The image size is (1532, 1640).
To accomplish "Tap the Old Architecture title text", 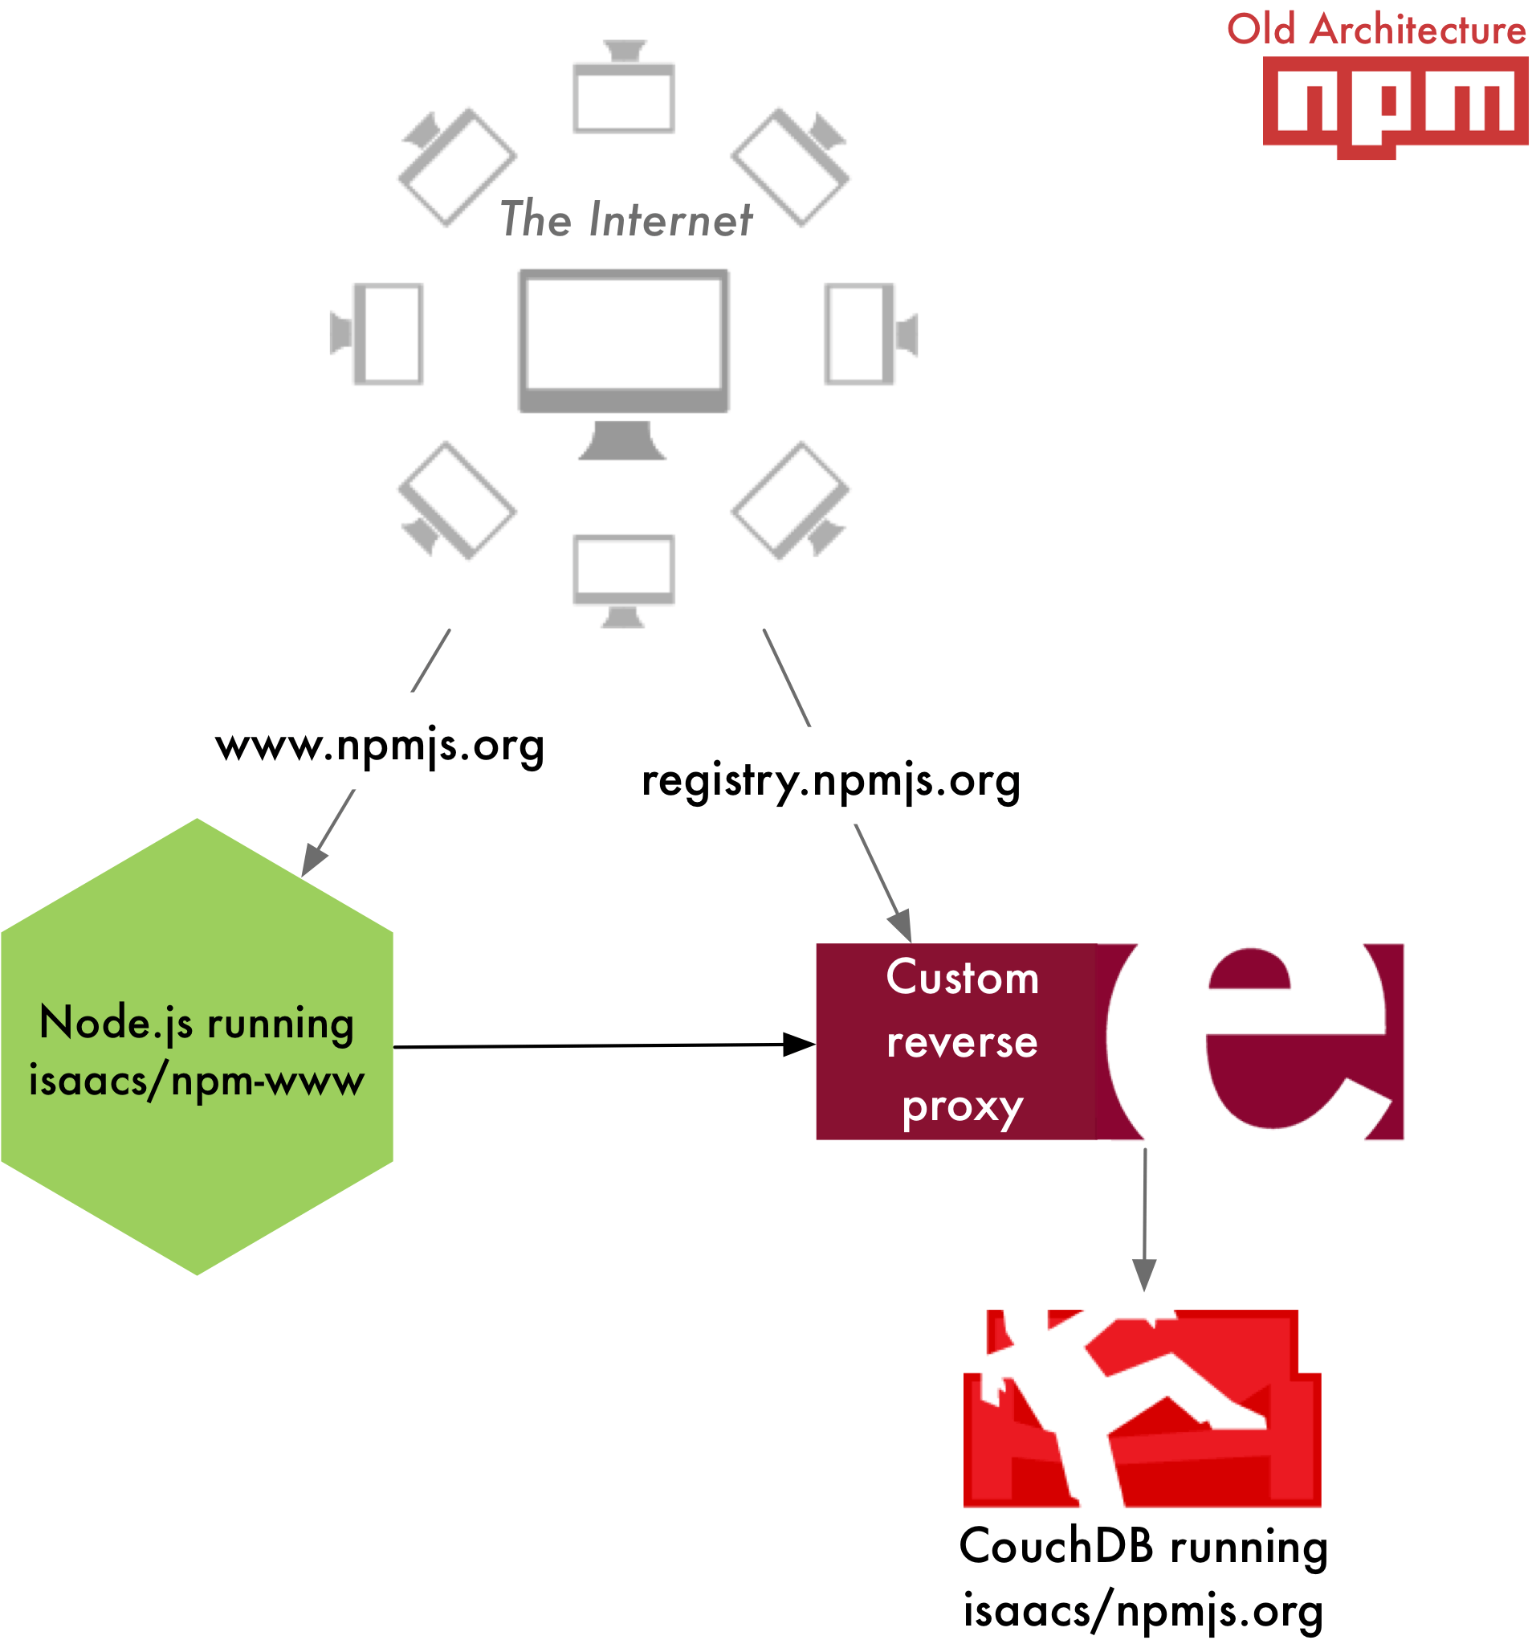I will [1375, 30].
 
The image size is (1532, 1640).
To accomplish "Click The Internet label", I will [625, 220].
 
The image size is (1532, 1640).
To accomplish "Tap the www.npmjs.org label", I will [380, 745].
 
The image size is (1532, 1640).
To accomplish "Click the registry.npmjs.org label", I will [830, 779].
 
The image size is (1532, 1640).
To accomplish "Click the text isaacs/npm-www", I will [196, 1080].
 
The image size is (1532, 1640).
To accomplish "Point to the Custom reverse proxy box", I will [961, 1041].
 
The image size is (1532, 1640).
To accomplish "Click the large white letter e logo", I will [1249, 1041].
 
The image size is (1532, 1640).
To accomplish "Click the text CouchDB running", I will [1143, 1546].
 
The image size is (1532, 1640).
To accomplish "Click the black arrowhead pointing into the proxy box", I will [798, 1045].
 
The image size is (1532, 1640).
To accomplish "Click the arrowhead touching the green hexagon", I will [313, 860].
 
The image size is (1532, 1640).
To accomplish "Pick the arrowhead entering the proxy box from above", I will [901, 925].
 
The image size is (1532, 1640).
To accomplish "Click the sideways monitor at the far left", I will [377, 333].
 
